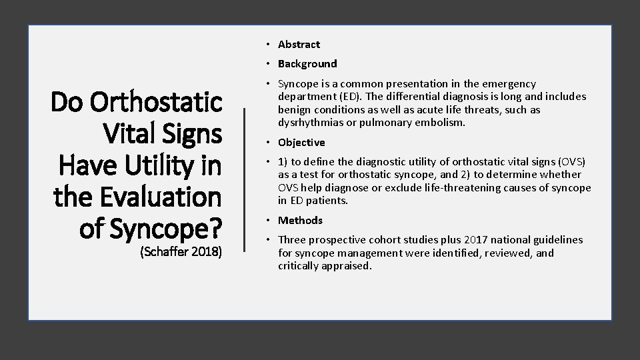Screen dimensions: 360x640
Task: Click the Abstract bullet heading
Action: (x=299, y=45)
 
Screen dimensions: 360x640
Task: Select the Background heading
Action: (x=307, y=64)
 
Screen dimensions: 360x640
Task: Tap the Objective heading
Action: (x=301, y=143)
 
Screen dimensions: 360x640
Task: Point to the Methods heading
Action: (x=300, y=221)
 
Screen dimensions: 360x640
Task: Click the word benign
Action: (x=293, y=109)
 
